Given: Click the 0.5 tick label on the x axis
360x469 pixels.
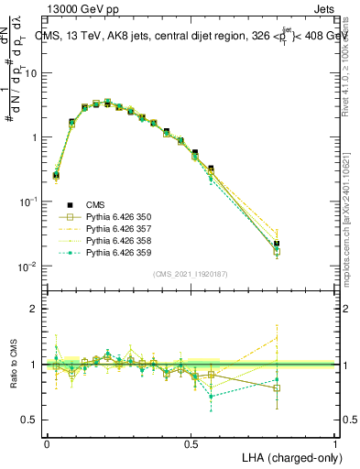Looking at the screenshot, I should click(x=191, y=443).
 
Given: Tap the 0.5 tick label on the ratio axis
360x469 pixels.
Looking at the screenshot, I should click(x=31, y=420).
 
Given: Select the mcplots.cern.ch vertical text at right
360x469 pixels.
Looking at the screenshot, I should click(x=351, y=229).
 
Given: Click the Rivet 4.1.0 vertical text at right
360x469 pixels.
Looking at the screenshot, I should click(x=351, y=73).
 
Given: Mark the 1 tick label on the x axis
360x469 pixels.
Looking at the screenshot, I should click(x=335, y=443).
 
